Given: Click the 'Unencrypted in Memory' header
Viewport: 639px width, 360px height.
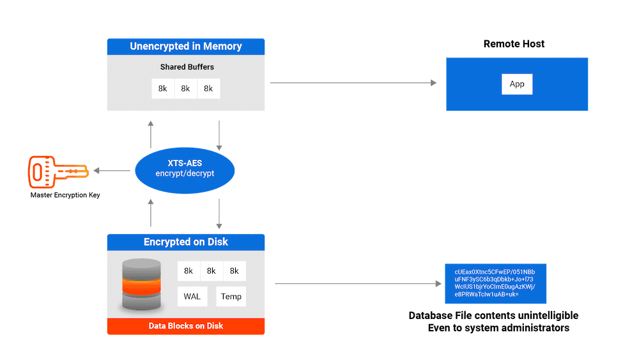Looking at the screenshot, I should pyautogui.click(x=185, y=46).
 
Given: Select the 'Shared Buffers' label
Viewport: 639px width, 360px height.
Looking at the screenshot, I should pyautogui.click(x=185, y=67).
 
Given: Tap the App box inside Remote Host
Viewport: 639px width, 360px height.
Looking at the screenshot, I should pyautogui.click(x=517, y=84).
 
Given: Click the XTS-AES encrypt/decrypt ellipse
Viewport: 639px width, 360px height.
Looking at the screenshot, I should pyautogui.click(x=185, y=169).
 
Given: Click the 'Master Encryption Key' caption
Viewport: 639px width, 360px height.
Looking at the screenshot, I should pyautogui.click(x=65, y=194).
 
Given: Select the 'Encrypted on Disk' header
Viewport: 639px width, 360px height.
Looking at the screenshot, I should pyautogui.click(x=185, y=242).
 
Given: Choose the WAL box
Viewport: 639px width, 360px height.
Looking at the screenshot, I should pyautogui.click(x=192, y=297).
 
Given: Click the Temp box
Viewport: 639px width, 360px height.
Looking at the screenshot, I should pyautogui.click(x=231, y=297).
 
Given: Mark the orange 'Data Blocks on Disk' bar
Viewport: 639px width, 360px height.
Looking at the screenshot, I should pyautogui.click(x=185, y=325).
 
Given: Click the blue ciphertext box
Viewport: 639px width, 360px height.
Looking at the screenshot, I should pyautogui.click(x=495, y=283).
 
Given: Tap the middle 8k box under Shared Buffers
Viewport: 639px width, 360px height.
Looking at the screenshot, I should pyautogui.click(x=185, y=89).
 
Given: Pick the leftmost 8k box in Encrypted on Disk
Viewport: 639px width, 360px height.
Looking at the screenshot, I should pyautogui.click(x=189, y=271).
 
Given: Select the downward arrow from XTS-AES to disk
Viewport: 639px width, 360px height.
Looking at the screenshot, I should pyautogui.click(x=219, y=214).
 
